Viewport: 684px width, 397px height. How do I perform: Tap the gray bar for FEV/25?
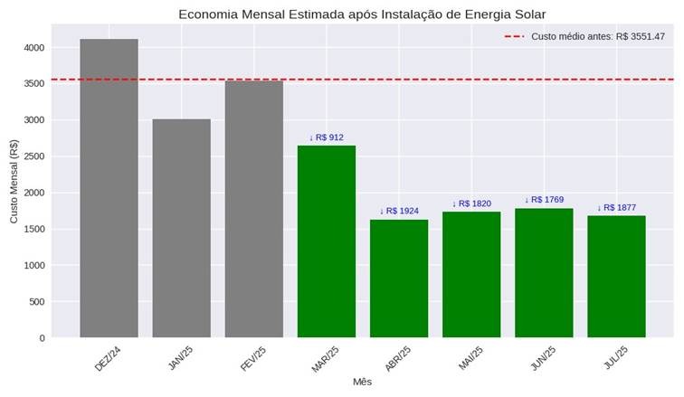click(253, 209)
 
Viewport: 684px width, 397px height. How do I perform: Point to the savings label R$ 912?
click(327, 137)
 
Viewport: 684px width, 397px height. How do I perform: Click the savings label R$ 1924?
click(399, 211)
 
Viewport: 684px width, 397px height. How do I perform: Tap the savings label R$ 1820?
click(471, 203)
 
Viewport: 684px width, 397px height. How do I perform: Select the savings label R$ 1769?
click(544, 200)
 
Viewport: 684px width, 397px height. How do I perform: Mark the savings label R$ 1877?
click(616, 207)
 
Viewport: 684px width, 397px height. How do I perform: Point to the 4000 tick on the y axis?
click(34, 47)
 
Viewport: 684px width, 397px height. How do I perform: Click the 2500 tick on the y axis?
click(34, 156)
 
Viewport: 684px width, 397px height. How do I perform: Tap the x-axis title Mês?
click(362, 383)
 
